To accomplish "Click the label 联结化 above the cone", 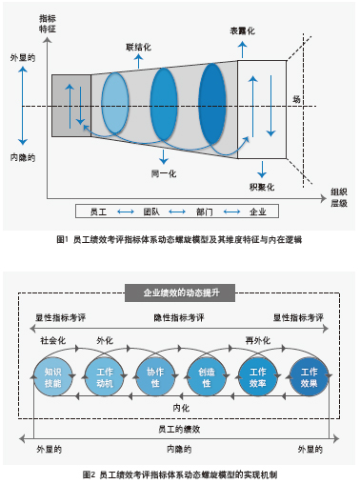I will click(x=139, y=46).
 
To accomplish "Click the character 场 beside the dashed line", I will click(x=296, y=98).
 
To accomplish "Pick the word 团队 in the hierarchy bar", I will click(x=150, y=211).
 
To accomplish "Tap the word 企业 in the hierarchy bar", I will click(x=257, y=211).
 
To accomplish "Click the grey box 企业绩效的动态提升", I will click(x=181, y=292).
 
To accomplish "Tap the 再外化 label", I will click(x=257, y=339).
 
